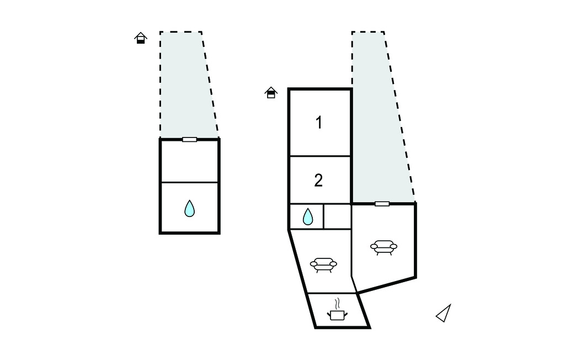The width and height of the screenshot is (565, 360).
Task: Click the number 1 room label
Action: pyautogui.click(x=319, y=122)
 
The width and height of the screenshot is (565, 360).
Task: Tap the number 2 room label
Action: pyautogui.click(x=318, y=181)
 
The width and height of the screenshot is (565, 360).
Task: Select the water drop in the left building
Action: pyautogui.click(x=190, y=209)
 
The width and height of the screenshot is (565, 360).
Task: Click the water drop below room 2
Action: pyautogui.click(x=308, y=217)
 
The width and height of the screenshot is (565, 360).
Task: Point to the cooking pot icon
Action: pyautogui.click(x=337, y=315)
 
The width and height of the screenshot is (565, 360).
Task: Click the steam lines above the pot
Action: pyautogui.click(x=337, y=304)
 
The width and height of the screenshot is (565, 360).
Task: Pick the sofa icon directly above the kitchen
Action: pyautogui.click(x=323, y=265)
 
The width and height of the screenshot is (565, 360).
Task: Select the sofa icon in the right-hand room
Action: pyautogui.click(x=384, y=247)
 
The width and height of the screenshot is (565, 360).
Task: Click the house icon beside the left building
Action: pyautogui.click(x=141, y=38)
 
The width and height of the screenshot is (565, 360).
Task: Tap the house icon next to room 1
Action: pyautogui.click(x=271, y=92)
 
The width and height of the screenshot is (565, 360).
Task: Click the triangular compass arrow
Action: pyautogui.click(x=444, y=313)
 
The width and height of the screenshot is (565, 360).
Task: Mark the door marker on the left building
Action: pyautogui.click(x=190, y=139)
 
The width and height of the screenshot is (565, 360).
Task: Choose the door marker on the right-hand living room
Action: pyautogui.click(x=382, y=204)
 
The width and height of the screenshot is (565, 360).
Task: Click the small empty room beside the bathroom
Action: pyautogui.click(x=337, y=216)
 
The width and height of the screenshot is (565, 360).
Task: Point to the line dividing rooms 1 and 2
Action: pyautogui.click(x=319, y=156)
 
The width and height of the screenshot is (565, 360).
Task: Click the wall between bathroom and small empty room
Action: pyautogui.click(x=324, y=216)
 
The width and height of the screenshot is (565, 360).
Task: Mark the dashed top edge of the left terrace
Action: pyautogui.click(x=181, y=32)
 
